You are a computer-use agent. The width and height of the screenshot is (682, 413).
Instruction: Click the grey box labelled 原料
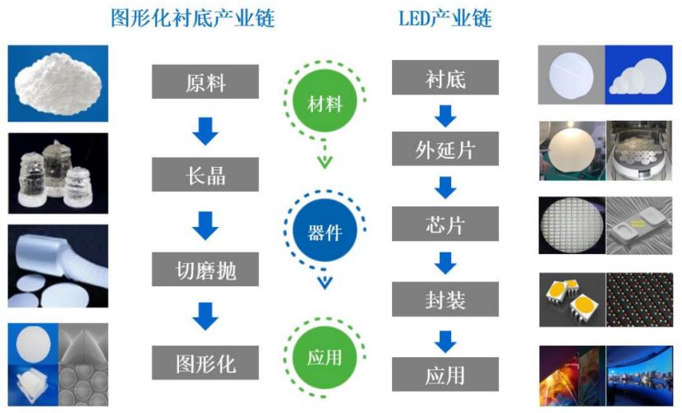pos(205,81)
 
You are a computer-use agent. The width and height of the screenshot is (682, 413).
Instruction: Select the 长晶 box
pos(205,174)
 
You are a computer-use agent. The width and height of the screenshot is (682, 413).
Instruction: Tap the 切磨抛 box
pos(205,268)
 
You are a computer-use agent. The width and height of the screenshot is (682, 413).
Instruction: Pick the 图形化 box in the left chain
pos(205,361)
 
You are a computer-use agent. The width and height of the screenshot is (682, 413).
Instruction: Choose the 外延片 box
pos(445,151)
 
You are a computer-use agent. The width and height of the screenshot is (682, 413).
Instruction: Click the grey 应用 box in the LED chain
pos(445,374)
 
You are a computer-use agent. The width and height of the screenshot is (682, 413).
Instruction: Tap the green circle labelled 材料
pos(325,104)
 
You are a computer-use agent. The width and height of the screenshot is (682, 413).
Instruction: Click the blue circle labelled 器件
pos(325,232)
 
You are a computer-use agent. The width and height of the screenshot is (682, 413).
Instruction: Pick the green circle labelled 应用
pos(325,358)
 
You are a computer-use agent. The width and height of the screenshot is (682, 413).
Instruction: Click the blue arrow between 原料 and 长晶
pos(205,129)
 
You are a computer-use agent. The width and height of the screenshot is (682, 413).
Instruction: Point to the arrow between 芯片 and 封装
pos(445,263)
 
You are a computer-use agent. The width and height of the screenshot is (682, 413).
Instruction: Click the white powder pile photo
pos(58,82)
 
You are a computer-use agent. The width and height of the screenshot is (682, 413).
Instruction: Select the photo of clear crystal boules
pos(58,174)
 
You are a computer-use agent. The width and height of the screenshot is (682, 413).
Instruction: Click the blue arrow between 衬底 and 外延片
pos(445,115)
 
